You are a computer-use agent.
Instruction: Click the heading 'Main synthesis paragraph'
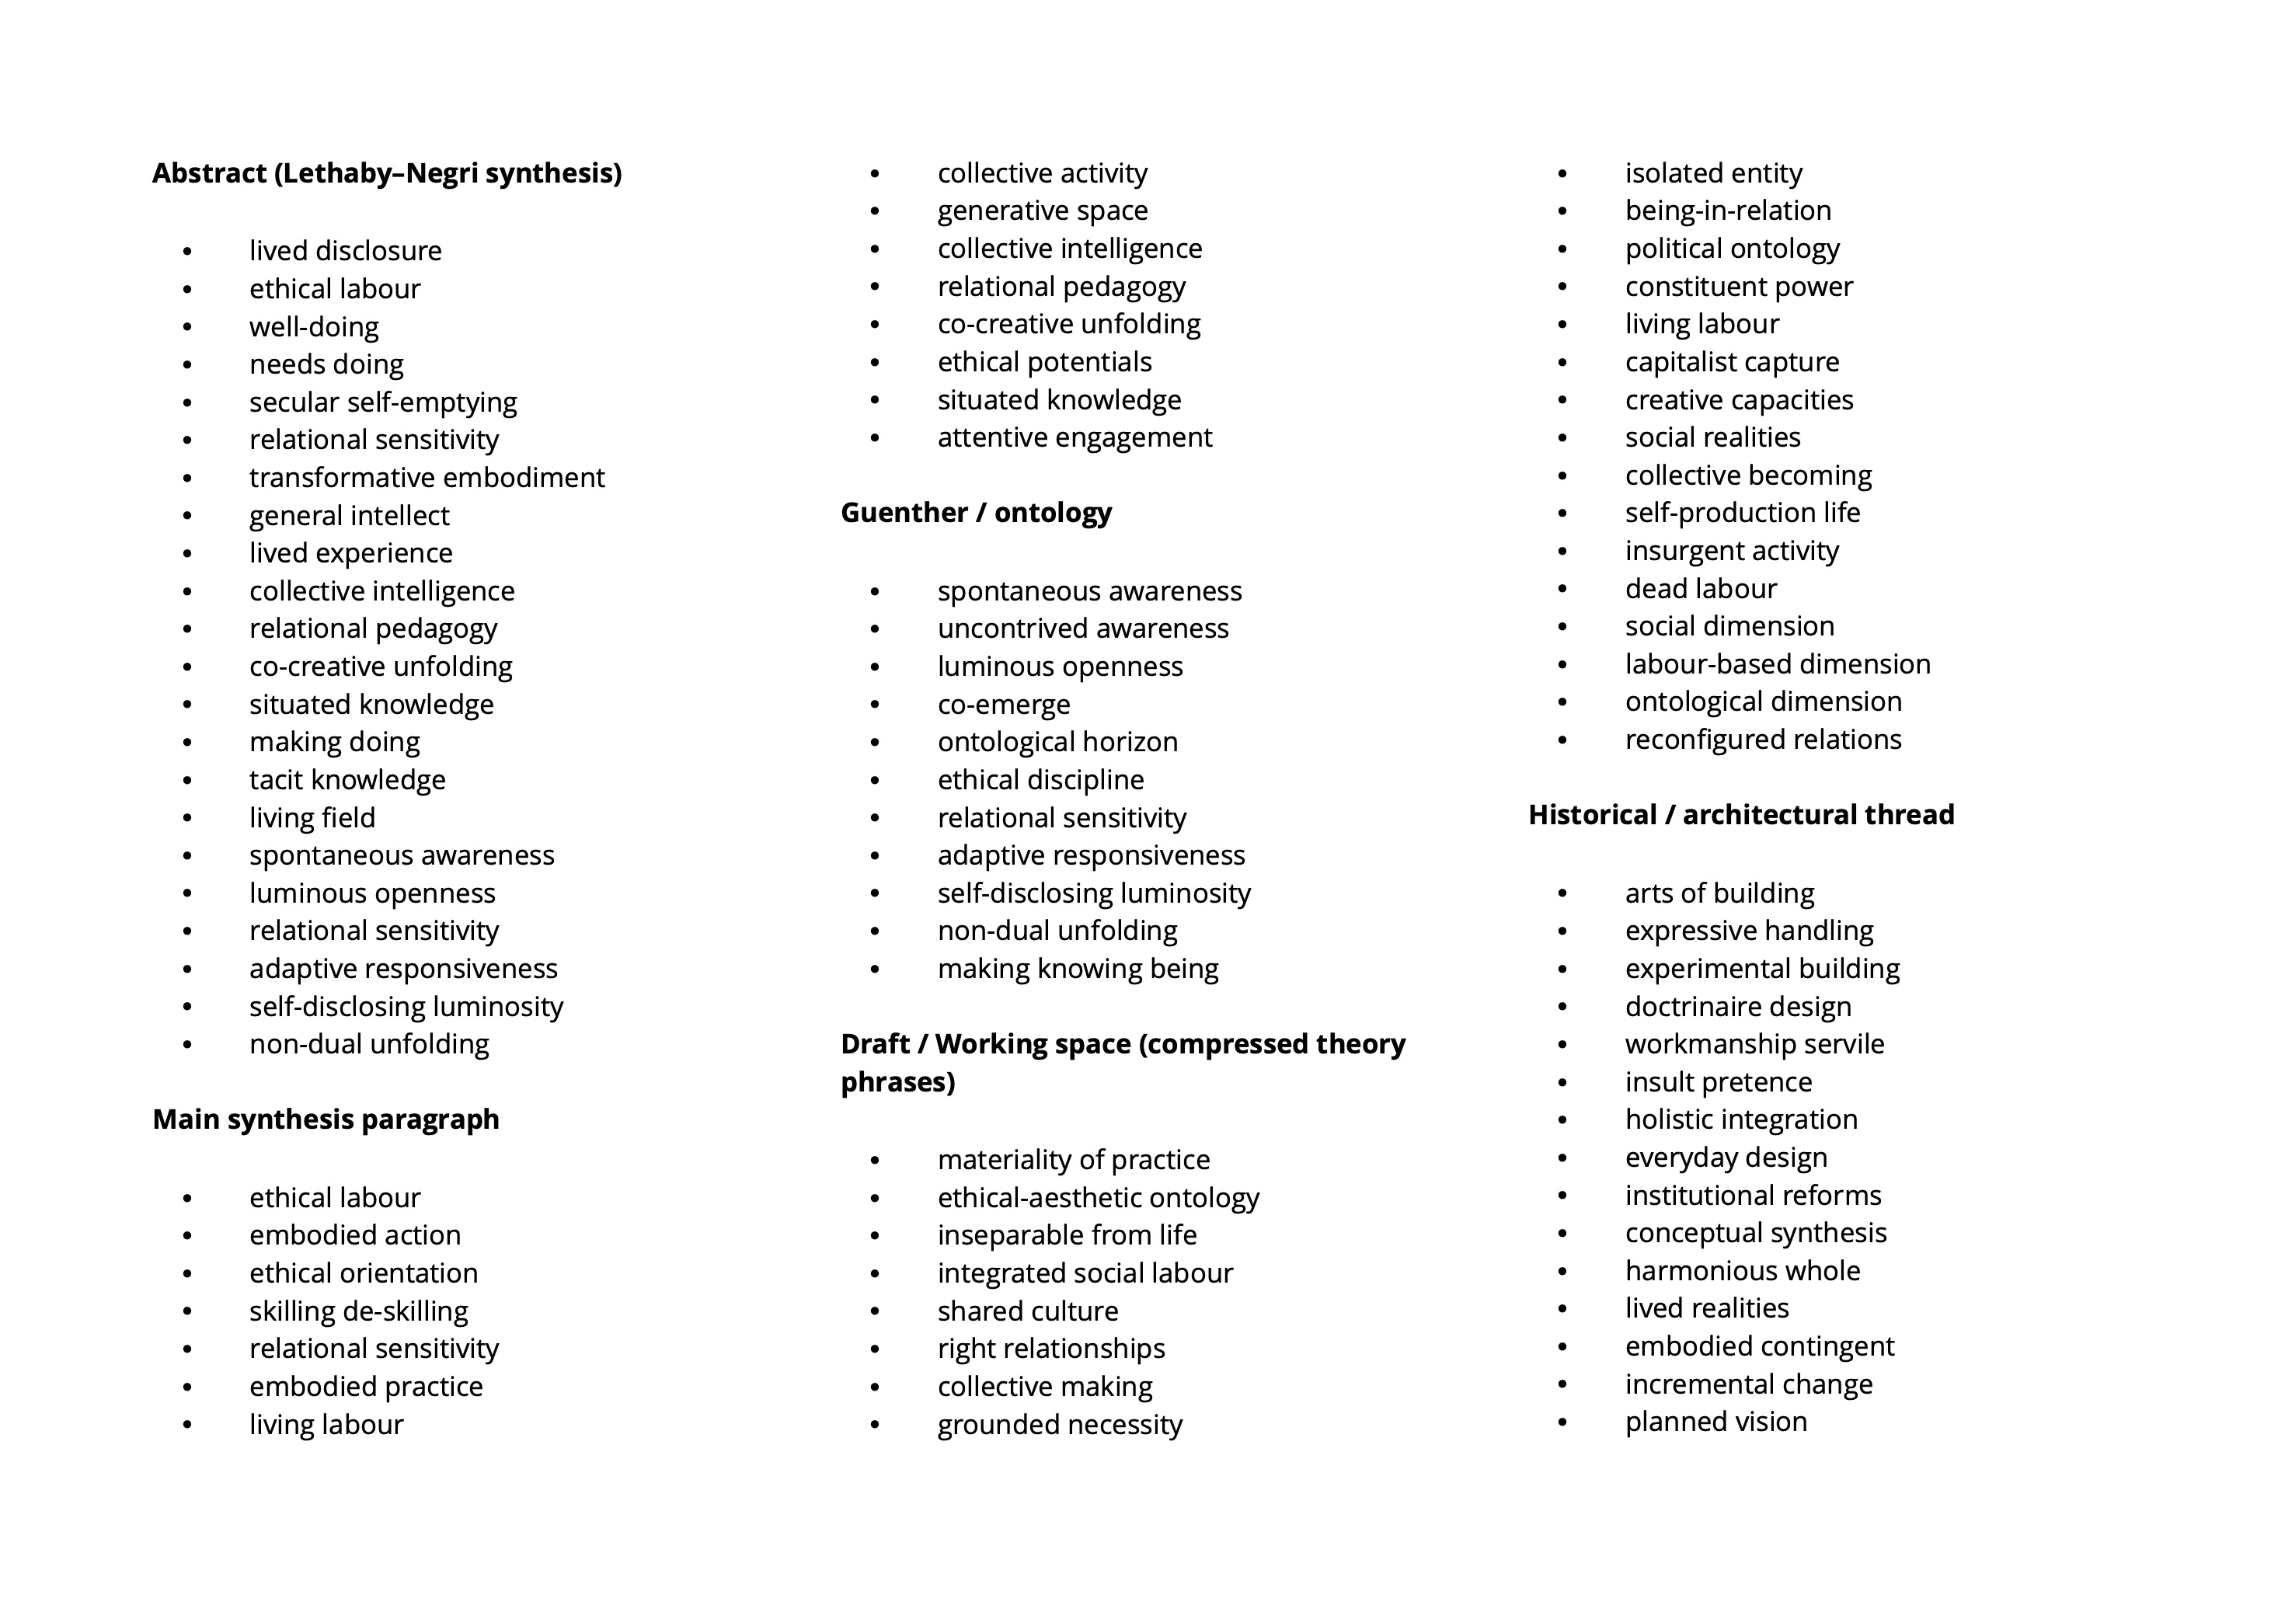pyautogui.click(x=326, y=1119)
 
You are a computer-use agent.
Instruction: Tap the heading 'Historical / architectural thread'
pyautogui.click(x=1741, y=815)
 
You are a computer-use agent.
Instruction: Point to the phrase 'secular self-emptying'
pyautogui.click(x=383, y=402)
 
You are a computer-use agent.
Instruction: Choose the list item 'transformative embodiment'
pyautogui.click(x=427, y=478)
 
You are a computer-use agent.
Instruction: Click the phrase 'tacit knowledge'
pyautogui.click(x=347, y=780)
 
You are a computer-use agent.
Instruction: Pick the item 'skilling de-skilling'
pyautogui.click(x=358, y=1311)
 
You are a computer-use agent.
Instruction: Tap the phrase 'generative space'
pyautogui.click(x=1043, y=211)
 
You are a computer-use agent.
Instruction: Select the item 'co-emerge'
pyautogui.click(x=1003, y=704)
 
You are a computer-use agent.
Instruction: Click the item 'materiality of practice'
pyautogui.click(x=1073, y=1159)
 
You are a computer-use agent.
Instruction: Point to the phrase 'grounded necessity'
pyautogui.click(x=1059, y=1425)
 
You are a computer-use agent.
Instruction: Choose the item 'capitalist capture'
pyautogui.click(x=1732, y=362)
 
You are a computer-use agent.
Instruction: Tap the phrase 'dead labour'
pyautogui.click(x=1700, y=590)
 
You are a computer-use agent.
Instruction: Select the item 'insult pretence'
pyautogui.click(x=1718, y=1082)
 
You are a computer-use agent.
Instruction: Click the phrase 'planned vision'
pyautogui.click(x=1715, y=1422)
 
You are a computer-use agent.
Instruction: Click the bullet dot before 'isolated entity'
pyautogui.click(x=1562, y=174)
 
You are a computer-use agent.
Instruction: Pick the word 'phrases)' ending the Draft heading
pyautogui.click(x=897, y=1082)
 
